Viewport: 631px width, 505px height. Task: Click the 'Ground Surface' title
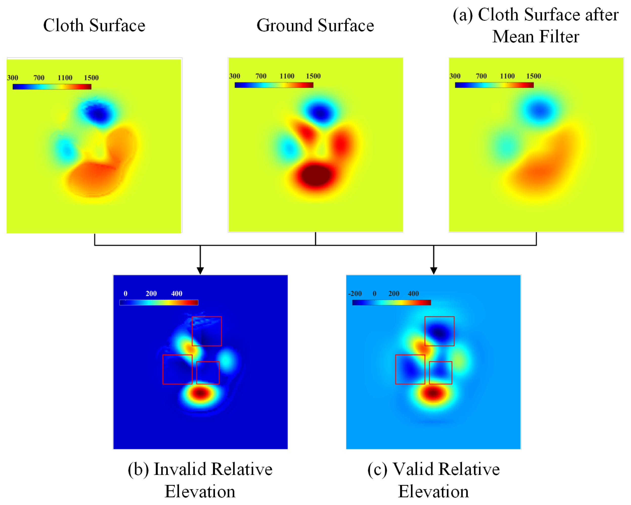315,26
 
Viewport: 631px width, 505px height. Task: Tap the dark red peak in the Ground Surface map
316,175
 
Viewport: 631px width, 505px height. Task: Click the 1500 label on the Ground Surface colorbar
313,76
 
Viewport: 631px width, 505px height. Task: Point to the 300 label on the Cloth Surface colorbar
13,78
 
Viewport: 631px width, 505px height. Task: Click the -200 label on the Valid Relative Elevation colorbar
355,294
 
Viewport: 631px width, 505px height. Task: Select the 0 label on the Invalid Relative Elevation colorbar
125,294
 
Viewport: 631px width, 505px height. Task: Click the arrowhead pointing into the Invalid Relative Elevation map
200,271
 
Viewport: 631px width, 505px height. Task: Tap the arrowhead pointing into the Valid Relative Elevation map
433,271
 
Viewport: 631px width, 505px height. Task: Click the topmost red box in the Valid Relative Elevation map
439,331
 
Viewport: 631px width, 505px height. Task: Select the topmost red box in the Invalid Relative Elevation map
207,331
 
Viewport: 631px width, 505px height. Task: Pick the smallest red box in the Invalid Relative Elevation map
208,373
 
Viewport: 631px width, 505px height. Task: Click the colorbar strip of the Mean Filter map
494,85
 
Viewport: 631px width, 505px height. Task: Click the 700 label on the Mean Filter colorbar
481,76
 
